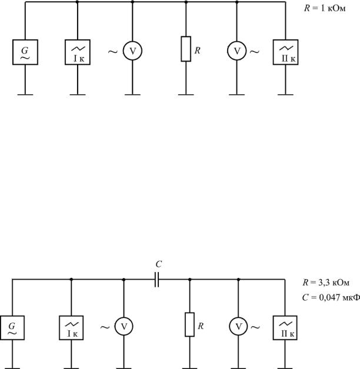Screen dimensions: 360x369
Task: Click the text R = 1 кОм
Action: click(x=325, y=8)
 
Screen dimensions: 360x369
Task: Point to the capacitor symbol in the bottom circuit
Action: click(x=157, y=280)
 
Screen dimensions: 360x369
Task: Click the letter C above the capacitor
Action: click(x=159, y=264)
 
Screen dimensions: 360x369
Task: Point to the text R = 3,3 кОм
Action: click(x=326, y=283)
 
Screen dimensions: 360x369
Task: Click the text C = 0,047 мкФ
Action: click(x=331, y=298)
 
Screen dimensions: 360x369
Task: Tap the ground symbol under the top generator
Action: click(x=25, y=95)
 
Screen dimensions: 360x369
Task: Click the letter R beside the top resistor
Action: click(x=198, y=51)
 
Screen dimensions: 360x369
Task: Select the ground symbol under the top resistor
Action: click(x=186, y=95)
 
